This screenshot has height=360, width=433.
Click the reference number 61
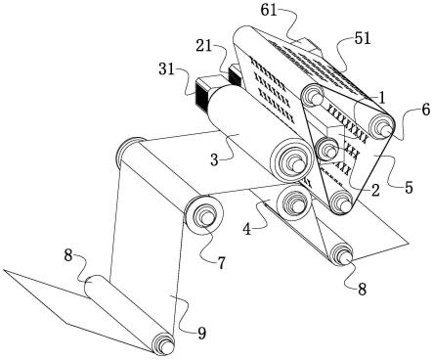(269, 11)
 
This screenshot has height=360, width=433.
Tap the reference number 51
(363, 39)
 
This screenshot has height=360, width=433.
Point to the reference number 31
(167, 69)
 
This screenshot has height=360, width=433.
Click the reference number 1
(382, 97)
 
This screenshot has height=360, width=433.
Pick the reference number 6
(425, 111)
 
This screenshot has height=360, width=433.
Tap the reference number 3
(214, 160)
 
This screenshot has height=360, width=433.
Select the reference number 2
(375, 190)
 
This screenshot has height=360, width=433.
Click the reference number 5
(409, 188)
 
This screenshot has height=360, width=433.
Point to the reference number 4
(247, 229)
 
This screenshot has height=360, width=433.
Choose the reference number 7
(221, 263)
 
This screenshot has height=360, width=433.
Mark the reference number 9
(202, 334)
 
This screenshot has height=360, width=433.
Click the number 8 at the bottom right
(362, 289)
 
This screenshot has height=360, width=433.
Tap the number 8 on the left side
(67, 256)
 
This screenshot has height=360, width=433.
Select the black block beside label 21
(235, 75)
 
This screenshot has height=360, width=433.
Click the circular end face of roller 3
(290, 160)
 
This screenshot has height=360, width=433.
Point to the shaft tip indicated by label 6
(387, 130)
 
